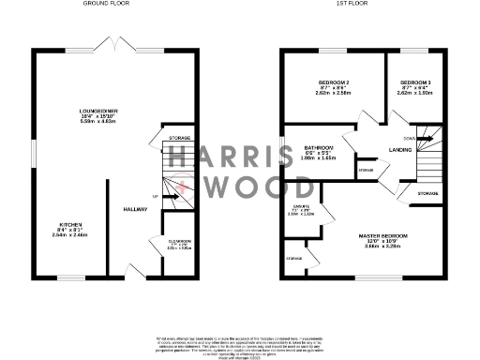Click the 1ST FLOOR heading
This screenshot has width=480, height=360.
point(352,5)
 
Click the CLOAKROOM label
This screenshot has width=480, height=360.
point(180,244)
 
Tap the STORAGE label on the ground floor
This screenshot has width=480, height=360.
point(179,138)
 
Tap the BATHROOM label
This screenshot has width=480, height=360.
point(320,147)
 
